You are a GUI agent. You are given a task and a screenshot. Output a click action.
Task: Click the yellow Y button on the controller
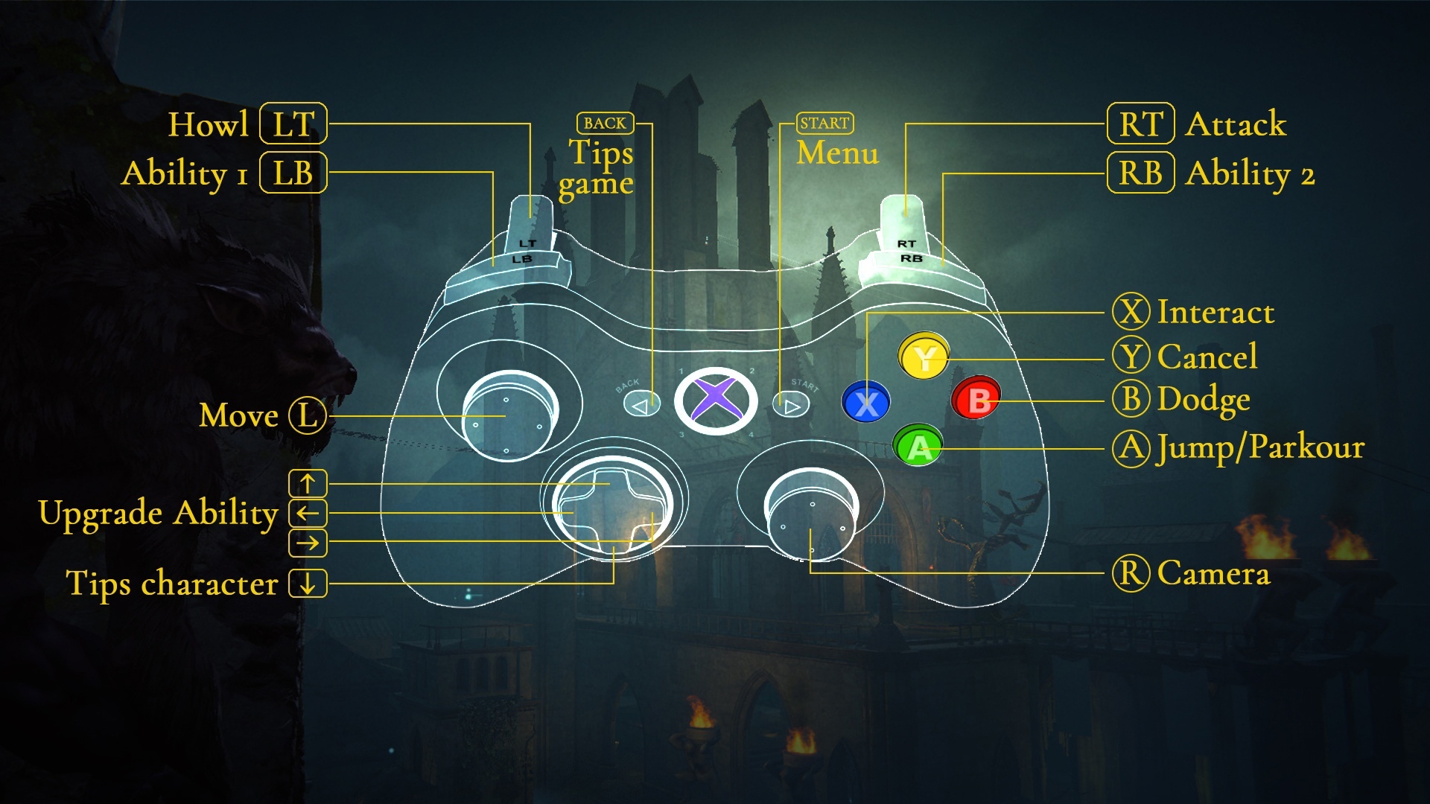pos(924,357)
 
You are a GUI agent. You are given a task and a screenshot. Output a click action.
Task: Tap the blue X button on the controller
pos(865,403)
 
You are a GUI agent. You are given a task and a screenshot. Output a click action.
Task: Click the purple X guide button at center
pos(715,401)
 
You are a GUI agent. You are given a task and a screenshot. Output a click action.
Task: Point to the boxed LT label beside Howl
pos(293,124)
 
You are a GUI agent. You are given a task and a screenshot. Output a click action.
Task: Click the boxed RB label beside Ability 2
pos(1140,173)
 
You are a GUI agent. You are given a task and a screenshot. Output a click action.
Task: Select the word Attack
pos(1236,124)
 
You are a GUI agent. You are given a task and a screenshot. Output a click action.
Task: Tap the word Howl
pos(208,124)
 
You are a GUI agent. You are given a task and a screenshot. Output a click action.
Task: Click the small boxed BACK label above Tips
pos(605,123)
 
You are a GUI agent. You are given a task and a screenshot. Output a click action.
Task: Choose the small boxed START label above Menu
pos(824,123)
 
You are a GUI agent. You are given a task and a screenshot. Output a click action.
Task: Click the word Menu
pos(837,153)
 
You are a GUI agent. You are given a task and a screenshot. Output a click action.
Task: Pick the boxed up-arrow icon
pos(308,483)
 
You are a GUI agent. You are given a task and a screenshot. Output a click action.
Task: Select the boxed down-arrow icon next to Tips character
pos(308,583)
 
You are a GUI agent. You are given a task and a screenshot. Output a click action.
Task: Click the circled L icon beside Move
pos(308,415)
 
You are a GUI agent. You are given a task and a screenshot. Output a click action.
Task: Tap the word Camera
pos(1213,573)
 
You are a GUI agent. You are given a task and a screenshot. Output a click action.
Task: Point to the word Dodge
pos(1203,400)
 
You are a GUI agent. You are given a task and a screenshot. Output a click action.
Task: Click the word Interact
pos(1215,312)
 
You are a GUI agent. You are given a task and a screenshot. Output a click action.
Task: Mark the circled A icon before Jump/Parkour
pos(1131,448)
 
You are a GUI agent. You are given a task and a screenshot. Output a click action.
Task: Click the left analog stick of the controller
pos(510,415)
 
